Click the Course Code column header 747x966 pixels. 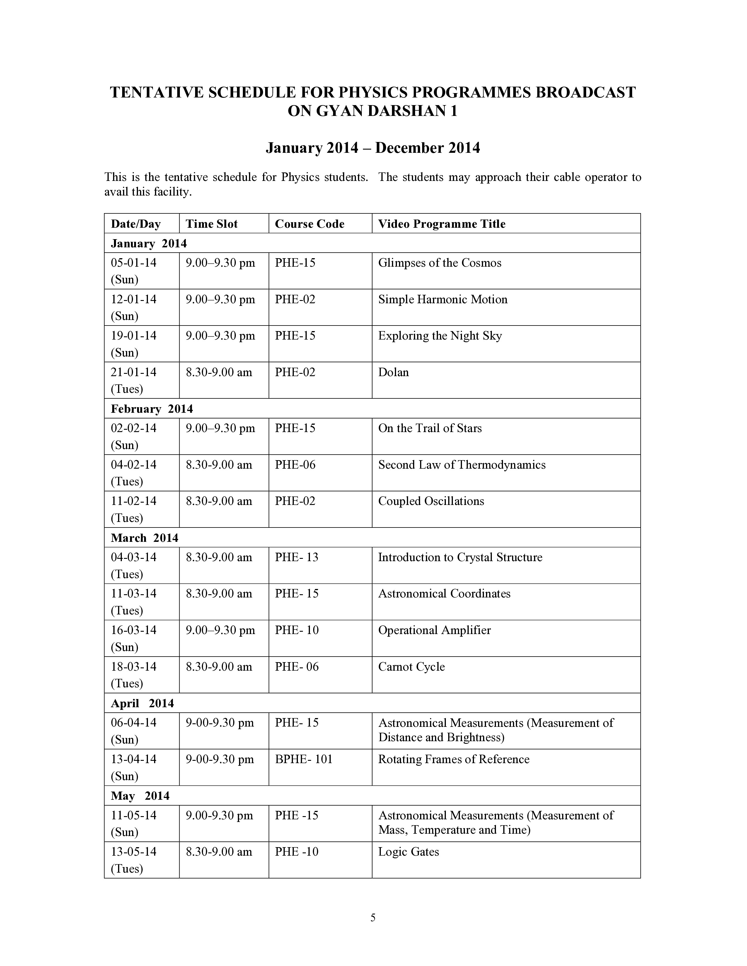[309, 224]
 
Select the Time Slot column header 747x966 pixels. [212, 224]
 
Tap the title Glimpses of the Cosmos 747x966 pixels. [439, 263]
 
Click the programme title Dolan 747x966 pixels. [393, 372]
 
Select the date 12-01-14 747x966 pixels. [134, 299]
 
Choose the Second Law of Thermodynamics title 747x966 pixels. [462, 465]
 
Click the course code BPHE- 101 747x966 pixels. [303, 759]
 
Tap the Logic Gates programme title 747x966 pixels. [408, 852]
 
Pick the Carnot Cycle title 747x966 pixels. [411, 667]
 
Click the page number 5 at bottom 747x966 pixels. [373, 918]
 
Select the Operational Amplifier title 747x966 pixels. [434, 630]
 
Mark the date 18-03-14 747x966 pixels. [134, 667]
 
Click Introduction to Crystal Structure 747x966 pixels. [460, 557]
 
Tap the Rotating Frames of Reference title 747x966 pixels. [453, 759]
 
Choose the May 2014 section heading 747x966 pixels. [140, 796]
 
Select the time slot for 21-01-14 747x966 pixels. [219, 372]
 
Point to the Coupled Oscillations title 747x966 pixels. [431, 501]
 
